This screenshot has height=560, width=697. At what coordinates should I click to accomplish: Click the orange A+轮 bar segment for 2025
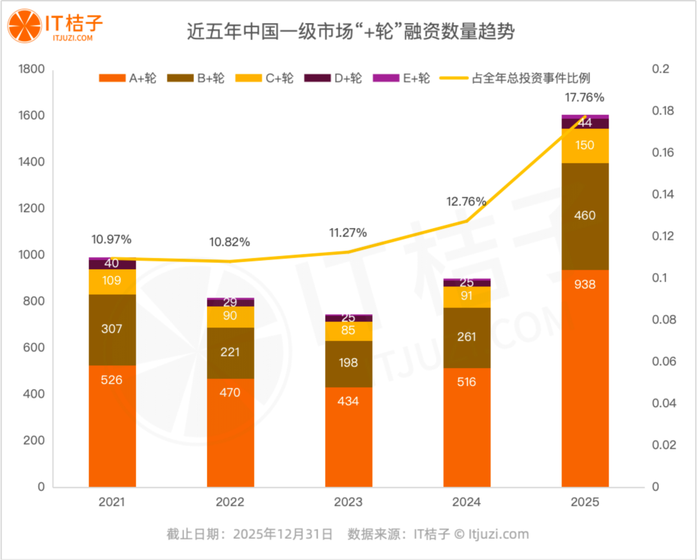coord(585,378)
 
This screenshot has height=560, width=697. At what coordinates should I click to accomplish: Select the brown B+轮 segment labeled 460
coord(585,216)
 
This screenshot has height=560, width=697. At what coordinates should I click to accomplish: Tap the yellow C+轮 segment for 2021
coord(112,282)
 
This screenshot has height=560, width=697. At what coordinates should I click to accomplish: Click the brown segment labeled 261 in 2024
coord(467,337)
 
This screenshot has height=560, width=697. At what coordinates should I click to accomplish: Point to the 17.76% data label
coord(584,98)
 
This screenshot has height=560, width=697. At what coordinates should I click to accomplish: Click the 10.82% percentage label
coord(229,242)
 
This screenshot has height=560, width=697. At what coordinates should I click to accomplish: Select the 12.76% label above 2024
coord(466,201)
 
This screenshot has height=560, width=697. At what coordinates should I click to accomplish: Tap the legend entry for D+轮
coord(347,79)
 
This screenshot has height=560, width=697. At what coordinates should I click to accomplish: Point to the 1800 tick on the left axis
coord(31,69)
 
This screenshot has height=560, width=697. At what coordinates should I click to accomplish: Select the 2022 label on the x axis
coord(230,503)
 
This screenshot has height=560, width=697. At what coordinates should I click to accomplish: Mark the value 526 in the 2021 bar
coord(112,380)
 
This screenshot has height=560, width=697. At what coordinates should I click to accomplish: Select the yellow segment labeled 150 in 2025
coord(585,146)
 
